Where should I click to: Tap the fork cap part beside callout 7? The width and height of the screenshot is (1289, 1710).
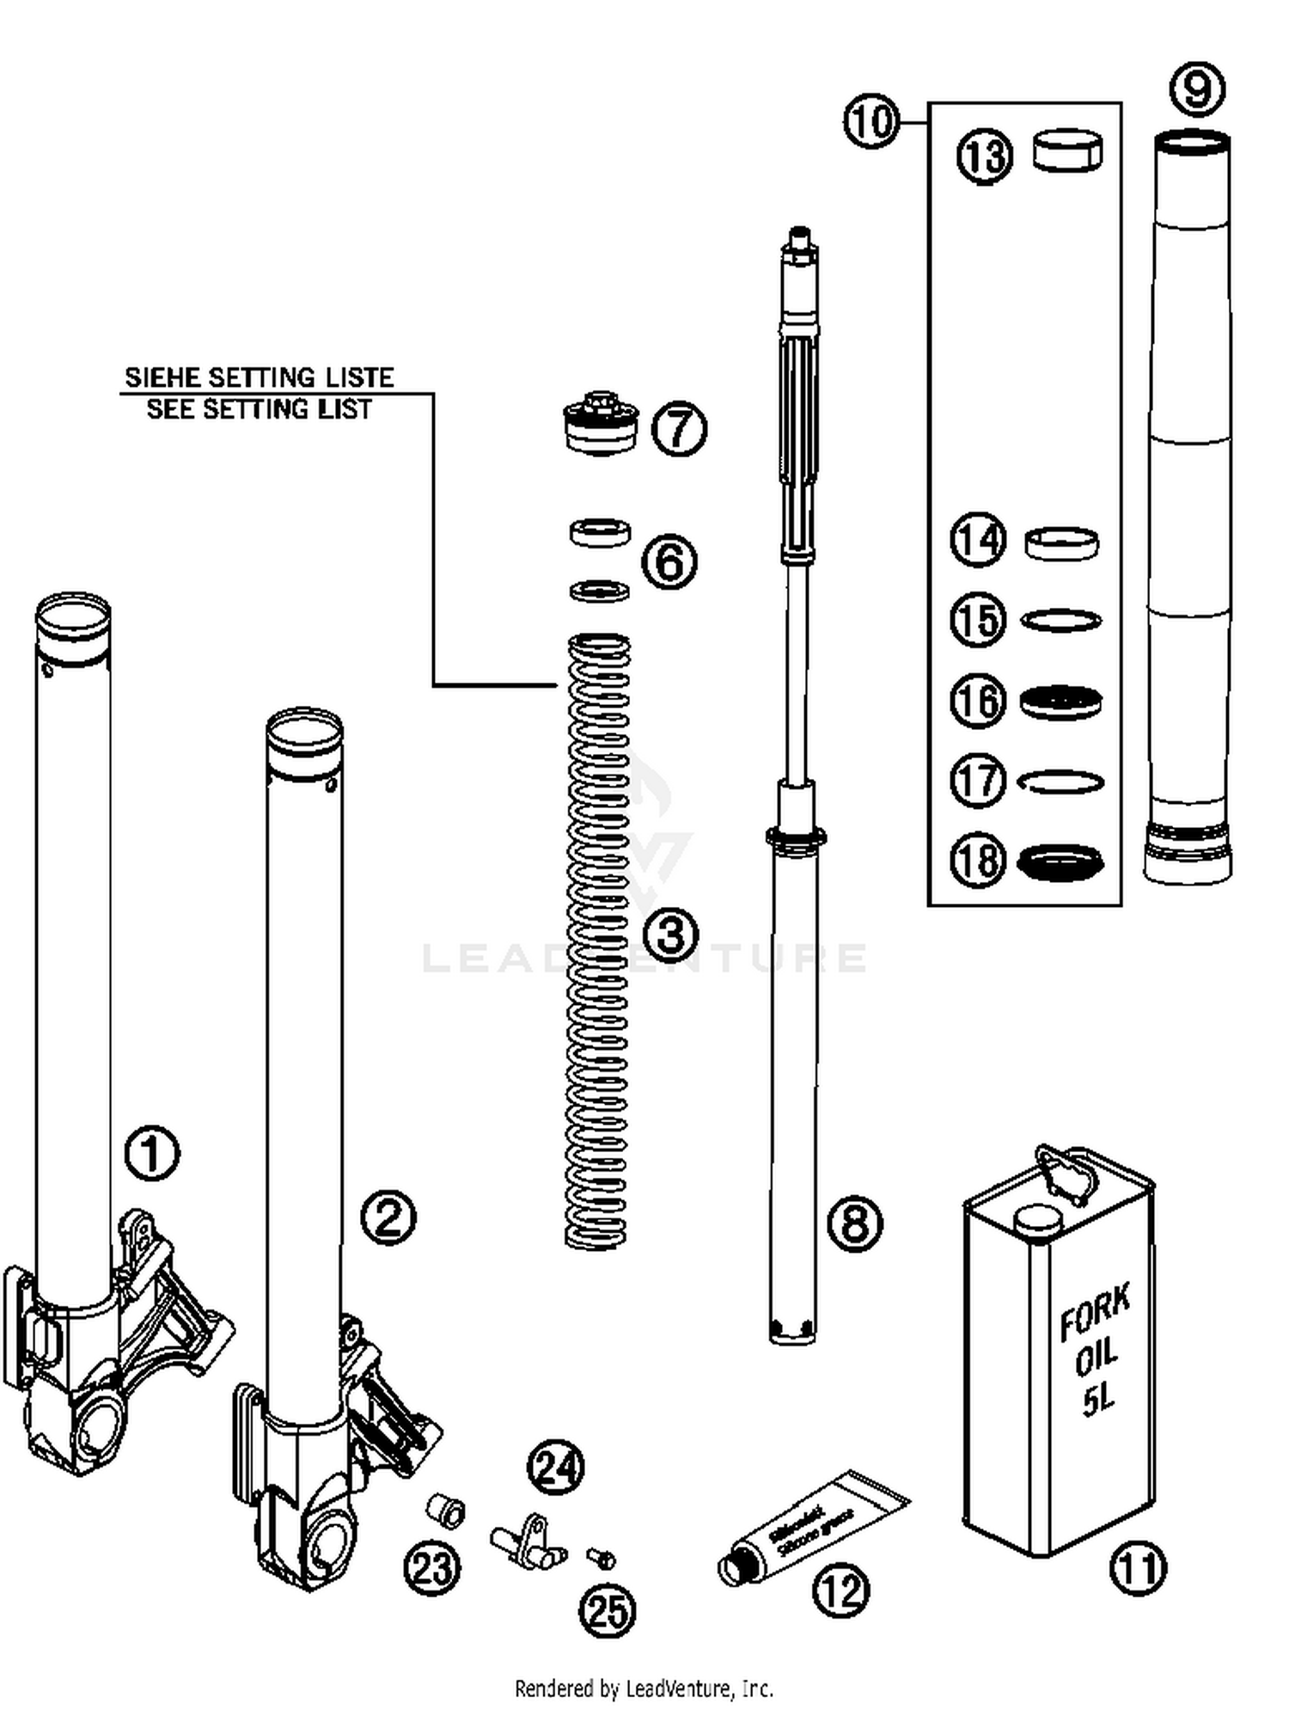point(601,425)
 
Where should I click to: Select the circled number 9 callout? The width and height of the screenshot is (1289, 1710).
point(1197,89)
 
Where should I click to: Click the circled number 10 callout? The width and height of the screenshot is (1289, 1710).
point(871,121)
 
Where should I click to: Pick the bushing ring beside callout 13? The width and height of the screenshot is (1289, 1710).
point(1066,151)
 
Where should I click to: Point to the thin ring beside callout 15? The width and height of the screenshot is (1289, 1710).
point(1060,620)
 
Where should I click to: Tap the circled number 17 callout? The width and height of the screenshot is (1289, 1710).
point(978,781)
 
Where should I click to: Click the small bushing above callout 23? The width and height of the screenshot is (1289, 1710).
point(447,1511)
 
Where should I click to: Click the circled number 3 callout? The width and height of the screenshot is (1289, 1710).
point(670,935)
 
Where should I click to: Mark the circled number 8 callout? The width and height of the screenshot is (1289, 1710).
point(854,1222)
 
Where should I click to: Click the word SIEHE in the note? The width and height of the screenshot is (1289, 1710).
point(162,377)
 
